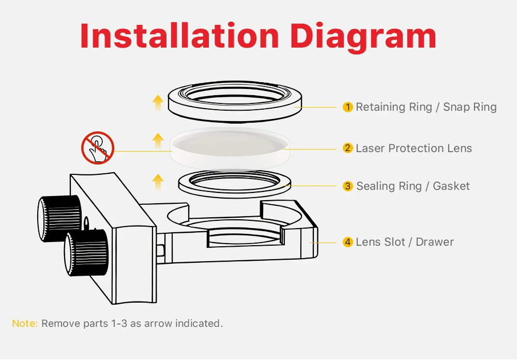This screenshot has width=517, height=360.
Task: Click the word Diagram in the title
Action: (x=363, y=38)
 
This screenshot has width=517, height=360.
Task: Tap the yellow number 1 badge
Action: (x=347, y=107)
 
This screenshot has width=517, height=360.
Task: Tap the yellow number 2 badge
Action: (x=347, y=148)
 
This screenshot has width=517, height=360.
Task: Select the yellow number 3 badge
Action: (x=347, y=186)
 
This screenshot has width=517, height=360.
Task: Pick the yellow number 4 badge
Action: (x=347, y=242)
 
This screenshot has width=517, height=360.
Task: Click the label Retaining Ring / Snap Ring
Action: (x=426, y=107)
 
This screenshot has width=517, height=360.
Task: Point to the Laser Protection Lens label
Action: (x=414, y=148)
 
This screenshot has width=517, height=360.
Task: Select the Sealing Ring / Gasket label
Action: (x=413, y=186)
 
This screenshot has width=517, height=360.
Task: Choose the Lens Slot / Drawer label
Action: (x=405, y=242)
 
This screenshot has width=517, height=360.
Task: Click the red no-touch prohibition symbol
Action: (x=98, y=147)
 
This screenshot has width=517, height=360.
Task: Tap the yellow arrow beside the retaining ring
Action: (x=158, y=103)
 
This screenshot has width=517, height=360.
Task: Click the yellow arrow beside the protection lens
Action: (x=158, y=142)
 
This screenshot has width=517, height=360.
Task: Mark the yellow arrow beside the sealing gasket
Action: (x=158, y=182)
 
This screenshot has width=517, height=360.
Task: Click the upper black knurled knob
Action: (x=59, y=218)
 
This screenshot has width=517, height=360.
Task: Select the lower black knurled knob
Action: (x=86, y=253)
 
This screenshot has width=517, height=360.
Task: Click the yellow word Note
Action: (x=25, y=323)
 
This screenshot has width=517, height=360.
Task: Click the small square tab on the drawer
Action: (x=160, y=250)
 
